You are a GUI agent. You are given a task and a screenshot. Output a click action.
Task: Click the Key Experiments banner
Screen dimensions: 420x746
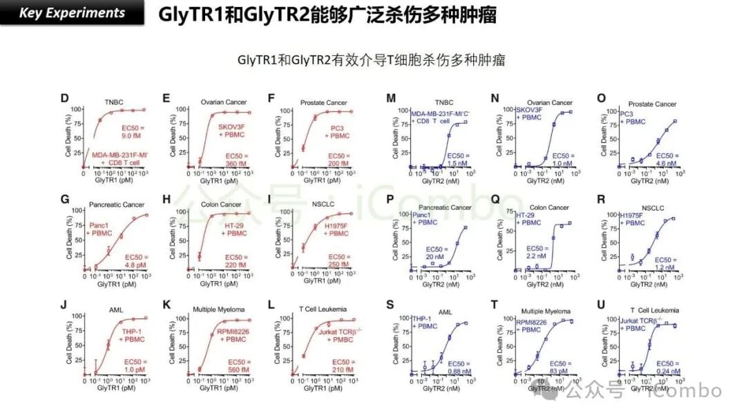point(72,13)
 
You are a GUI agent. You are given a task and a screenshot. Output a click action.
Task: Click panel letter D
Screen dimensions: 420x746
point(64,98)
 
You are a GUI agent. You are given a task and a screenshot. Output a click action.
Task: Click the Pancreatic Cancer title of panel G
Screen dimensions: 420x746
point(116,206)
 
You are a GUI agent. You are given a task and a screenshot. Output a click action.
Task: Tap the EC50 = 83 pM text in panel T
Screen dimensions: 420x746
point(563,367)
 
